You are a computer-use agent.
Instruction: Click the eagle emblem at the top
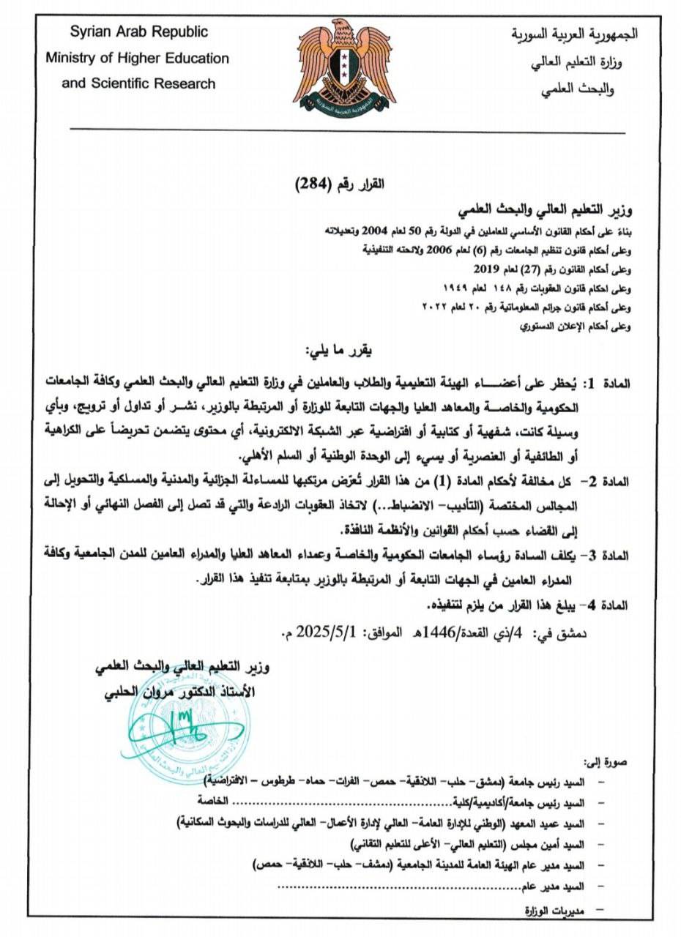pyautogui.click(x=347, y=71)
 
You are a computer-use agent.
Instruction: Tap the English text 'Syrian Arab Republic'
pyautogui.click(x=139, y=32)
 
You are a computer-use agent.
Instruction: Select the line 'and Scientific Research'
pyautogui.click(x=139, y=83)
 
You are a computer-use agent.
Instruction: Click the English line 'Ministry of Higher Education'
pyautogui.click(x=138, y=58)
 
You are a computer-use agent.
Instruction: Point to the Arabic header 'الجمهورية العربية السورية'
pyautogui.click(x=574, y=34)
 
